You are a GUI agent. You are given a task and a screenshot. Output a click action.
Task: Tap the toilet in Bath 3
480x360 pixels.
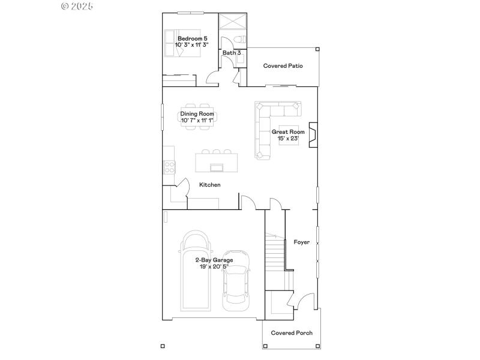pyautogui.click(x=239, y=40)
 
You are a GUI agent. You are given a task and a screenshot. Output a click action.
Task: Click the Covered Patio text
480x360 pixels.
pyautogui.click(x=283, y=66)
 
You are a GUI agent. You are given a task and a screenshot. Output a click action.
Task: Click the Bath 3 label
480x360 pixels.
pyautogui.click(x=232, y=53)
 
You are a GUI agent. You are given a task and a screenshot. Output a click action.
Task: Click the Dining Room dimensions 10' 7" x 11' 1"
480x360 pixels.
pyautogui.click(x=197, y=121)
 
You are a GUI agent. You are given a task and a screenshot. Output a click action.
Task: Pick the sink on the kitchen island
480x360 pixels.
pyautogui.click(x=216, y=166)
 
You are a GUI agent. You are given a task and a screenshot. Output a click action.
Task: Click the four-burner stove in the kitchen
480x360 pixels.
pyautogui.click(x=169, y=166)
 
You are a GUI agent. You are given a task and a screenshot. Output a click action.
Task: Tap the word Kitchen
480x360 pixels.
pyautogui.click(x=210, y=185)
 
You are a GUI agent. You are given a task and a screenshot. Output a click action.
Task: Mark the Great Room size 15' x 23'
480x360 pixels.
pyautogui.click(x=288, y=139)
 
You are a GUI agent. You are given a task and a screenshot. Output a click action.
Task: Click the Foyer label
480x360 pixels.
pyautogui.click(x=301, y=242)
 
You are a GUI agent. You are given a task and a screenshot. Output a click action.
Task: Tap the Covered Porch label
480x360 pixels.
pyautogui.click(x=292, y=333)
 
